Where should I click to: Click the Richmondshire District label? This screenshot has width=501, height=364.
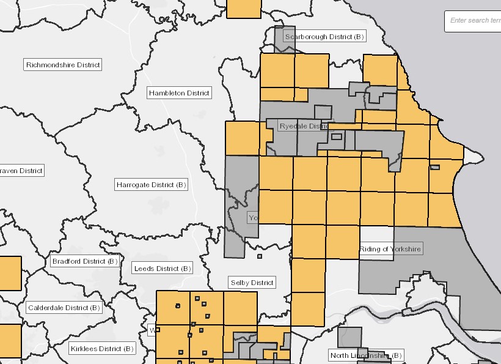(63, 65)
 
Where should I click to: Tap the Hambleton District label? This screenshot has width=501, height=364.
(179, 93)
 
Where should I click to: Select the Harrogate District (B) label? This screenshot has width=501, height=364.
(151, 185)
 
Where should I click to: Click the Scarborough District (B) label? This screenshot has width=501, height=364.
(324, 37)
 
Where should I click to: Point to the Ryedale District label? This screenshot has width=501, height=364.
(304, 126)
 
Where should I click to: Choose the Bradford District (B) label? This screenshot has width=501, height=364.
(84, 261)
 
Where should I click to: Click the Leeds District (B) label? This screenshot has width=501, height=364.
(162, 269)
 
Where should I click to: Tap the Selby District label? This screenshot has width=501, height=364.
(252, 283)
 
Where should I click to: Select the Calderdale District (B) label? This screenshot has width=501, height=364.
(63, 308)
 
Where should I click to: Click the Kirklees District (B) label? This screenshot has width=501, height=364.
(101, 349)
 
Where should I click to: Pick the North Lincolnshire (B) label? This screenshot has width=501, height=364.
(365, 355)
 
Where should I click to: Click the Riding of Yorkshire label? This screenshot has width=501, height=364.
(390, 249)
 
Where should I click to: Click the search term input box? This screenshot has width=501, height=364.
(474, 21)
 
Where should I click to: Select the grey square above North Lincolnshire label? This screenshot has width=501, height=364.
(349, 336)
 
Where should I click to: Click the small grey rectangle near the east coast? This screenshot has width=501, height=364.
(434, 167)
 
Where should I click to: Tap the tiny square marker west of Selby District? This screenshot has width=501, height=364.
(260, 256)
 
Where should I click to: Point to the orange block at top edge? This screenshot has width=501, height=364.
(244, 9)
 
